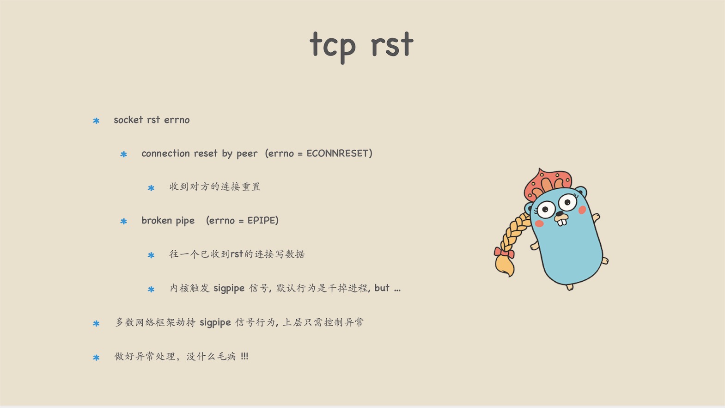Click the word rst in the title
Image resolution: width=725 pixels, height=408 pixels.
pyautogui.click(x=392, y=44)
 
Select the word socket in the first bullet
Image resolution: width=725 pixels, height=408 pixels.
pyautogui.click(x=128, y=120)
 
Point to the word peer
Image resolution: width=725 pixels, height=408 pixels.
pyautogui.click(x=247, y=154)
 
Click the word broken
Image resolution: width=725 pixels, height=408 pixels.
pyautogui.click(x=157, y=220)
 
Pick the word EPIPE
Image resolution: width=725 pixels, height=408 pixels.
pyautogui.click(x=263, y=220)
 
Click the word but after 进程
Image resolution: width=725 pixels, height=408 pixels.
pyautogui.click(x=382, y=288)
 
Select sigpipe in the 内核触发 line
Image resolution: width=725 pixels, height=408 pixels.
pyautogui.click(x=229, y=288)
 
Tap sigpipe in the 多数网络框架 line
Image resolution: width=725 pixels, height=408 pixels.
pyautogui.click(x=215, y=323)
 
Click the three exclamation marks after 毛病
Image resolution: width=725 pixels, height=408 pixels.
pyautogui.click(x=244, y=356)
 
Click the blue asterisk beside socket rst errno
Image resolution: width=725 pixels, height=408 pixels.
pyautogui.click(x=96, y=121)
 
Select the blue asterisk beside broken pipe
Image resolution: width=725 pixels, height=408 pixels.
pyautogui.click(x=124, y=221)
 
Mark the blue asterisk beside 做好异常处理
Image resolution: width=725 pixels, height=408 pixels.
pyautogui.click(x=96, y=358)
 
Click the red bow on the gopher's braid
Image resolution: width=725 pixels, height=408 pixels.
pyautogui.click(x=504, y=252)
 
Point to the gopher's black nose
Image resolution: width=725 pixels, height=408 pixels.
pyautogui.click(x=559, y=214)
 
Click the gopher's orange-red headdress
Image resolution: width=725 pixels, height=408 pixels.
pyautogui.click(x=548, y=184)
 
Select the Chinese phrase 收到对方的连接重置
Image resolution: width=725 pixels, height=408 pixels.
pyautogui.click(x=215, y=187)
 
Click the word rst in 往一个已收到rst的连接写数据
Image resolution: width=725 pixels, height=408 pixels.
pyautogui.click(x=237, y=254)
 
